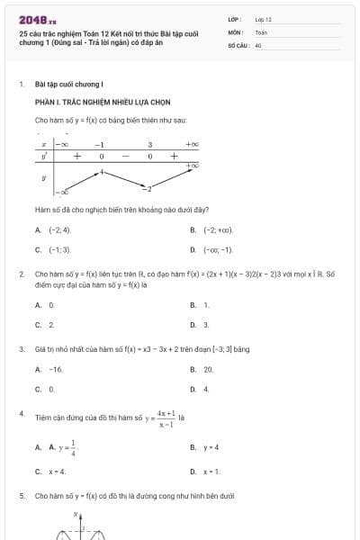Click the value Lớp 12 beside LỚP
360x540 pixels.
(263, 19)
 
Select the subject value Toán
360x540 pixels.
(261, 31)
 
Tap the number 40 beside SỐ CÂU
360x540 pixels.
(258, 44)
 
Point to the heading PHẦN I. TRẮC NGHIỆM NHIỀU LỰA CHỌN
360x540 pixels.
(103, 102)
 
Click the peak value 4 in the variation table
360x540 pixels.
(102, 170)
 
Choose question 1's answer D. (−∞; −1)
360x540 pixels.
(216, 249)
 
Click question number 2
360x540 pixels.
(21, 273)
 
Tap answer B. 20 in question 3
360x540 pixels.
(206, 369)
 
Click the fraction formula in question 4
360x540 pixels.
(165, 418)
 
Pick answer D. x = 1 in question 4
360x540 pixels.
(210, 471)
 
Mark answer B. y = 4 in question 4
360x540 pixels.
(210, 447)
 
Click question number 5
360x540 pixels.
(21, 496)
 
